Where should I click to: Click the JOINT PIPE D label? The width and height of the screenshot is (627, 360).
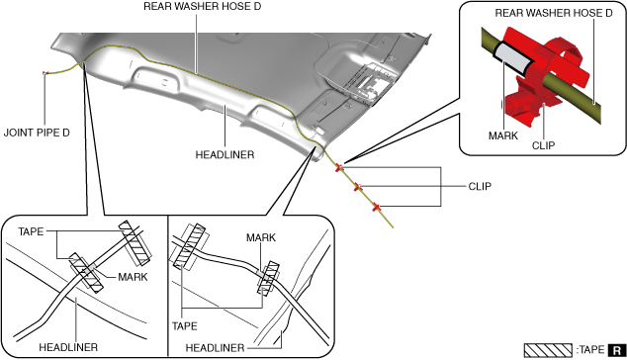pyautogui.click(x=37, y=133)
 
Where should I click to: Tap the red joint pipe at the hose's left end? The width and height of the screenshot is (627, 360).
pyautogui.click(x=45, y=73)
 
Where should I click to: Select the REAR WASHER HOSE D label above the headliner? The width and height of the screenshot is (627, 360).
pyautogui.click(x=202, y=6)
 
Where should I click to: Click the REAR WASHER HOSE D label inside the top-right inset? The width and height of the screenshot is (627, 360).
pyautogui.click(x=554, y=13)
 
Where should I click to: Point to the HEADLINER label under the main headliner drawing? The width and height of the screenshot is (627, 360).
pyautogui.click(x=224, y=155)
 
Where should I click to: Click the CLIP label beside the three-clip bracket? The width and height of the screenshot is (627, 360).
pyautogui.click(x=480, y=186)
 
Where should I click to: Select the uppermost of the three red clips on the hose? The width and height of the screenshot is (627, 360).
pyautogui.click(x=339, y=167)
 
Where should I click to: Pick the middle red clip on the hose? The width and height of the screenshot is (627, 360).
pyautogui.click(x=358, y=186)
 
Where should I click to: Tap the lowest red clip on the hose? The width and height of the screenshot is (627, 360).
pyautogui.click(x=376, y=207)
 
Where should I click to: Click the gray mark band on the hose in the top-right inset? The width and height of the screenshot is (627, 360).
pyautogui.click(x=513, y=59)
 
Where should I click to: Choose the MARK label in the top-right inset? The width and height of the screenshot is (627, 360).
pyautogui.click(x=503, y=136)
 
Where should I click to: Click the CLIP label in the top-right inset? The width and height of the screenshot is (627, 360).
pyautogui.click(x=543, y=145)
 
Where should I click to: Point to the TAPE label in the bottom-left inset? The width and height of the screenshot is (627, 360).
pyautogui.click(x=31, y=231)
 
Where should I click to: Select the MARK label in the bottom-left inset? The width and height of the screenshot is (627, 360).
pyautogui.click(x=133, y=277)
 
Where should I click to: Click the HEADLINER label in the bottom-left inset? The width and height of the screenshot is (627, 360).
pyautogui.click(x=68, y=347)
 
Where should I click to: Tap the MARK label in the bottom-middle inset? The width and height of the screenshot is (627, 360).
pyautogui.click(x=261, y=237)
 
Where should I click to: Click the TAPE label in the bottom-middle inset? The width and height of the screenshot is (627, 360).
pyautogui.click(x=185, y=326)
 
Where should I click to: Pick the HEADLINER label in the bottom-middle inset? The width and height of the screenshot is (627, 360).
pyautogui.click(x=216, y=348)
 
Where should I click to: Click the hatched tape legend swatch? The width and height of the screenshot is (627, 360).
pyautogui.click(x=548, y=350)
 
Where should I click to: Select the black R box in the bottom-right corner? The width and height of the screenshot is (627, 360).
pyautogui.click(x=617, y=350)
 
